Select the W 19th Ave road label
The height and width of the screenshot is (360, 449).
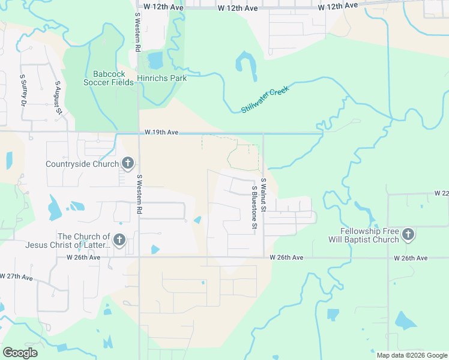coord(161,132)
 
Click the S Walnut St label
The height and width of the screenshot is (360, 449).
coord(263,193)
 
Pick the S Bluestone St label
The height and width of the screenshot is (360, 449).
coord(255,207)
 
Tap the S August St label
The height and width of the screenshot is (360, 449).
coord(58,97)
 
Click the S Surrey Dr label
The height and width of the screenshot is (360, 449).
coord(24,92)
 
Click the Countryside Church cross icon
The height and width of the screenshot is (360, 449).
coord(127,163)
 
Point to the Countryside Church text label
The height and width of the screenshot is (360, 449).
coord(82,164)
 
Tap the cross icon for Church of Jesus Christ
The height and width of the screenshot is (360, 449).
coord(119,241)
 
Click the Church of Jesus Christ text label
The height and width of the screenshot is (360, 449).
coord(68,241)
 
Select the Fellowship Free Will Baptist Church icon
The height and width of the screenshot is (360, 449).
coord(408,235)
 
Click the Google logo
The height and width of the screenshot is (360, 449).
coord(20,353)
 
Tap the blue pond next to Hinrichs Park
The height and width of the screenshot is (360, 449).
coord(155,61)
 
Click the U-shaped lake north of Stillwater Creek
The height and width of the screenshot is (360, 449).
coord(246,65)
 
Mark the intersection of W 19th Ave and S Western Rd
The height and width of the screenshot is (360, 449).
coord(139,133)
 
